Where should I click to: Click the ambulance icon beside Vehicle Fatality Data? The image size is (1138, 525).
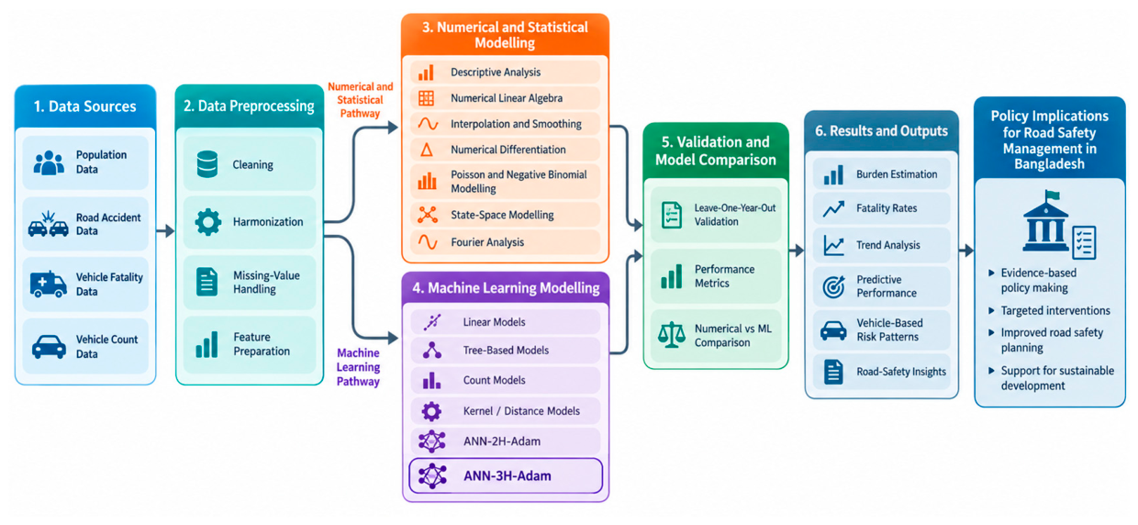point(49,285)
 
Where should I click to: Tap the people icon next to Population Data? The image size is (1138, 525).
point(49,162)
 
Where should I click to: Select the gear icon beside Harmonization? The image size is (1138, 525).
point(208,221)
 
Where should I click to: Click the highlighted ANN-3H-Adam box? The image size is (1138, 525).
point(506,475)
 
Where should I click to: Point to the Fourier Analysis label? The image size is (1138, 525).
point(487,242)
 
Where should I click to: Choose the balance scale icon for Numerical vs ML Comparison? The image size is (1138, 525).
point(672,335)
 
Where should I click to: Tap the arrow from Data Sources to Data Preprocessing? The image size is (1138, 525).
point(165,231)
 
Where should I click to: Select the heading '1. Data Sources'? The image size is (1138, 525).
point(84,106)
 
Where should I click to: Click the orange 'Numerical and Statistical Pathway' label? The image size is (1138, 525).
point(360,100)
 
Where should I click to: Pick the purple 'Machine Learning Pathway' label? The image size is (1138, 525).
point(358,367)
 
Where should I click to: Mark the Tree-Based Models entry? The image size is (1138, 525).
point(506,351)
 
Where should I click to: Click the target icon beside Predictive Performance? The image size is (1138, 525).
point(833,286)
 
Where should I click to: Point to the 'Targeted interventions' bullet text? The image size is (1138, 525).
point(1055,310)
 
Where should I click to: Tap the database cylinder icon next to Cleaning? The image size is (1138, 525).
point(207,164)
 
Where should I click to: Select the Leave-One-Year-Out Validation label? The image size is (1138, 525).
point(734,215)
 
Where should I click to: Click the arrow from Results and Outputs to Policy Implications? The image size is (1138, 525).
point(966,250)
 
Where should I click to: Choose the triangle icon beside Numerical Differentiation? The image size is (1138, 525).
point(427,150)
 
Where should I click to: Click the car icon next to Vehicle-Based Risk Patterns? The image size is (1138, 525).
point(833,330)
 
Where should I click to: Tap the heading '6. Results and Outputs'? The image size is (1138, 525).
point(881,130)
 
